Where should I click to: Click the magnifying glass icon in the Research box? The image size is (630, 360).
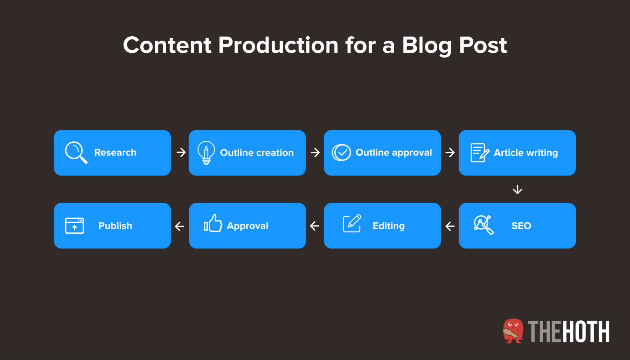point(76,153)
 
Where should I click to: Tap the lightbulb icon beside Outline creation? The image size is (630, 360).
point(206,153)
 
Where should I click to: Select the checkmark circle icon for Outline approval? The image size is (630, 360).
point(341,153)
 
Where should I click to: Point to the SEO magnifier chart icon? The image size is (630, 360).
point(483,225)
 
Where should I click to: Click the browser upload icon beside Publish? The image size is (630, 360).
point(74,226)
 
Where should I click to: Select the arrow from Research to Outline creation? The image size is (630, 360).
point(181,152)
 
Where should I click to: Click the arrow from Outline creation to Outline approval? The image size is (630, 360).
point(315,153)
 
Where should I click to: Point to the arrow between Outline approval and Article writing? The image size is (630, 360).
point(450,153)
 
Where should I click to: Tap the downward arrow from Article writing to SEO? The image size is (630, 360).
point(517,190)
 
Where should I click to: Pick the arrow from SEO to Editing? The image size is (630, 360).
point(450,226)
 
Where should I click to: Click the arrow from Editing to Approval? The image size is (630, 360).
point(315,226)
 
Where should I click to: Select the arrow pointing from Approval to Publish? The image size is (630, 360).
point(179,226)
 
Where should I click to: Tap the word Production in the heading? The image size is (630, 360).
point(278,45)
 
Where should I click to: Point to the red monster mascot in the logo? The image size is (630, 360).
point(513,331)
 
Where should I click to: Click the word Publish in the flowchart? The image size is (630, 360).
point(115,226)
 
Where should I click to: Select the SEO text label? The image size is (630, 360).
point(521,226)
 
